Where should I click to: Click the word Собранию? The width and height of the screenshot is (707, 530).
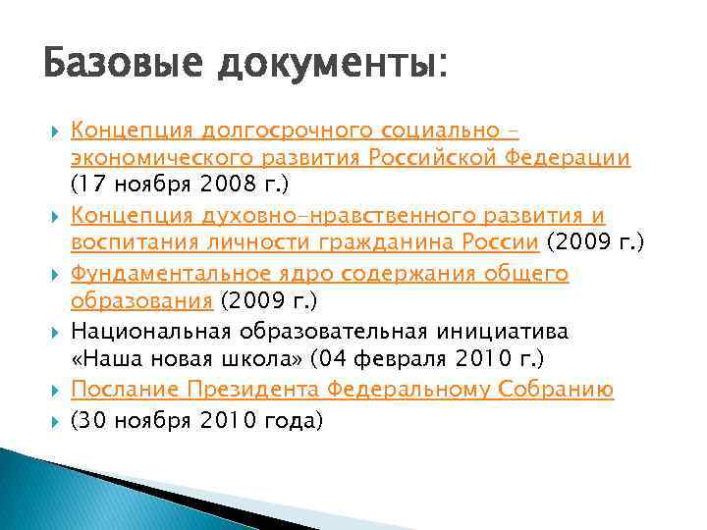(x=554, y=390)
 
